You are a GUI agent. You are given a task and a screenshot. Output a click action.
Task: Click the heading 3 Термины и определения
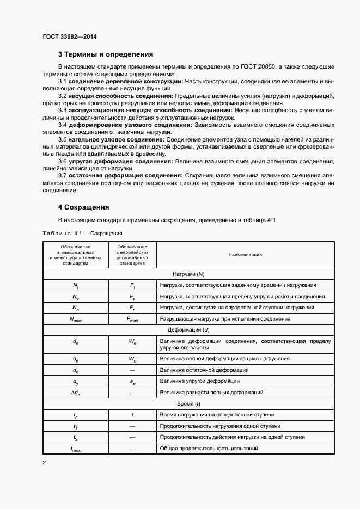(105, 54)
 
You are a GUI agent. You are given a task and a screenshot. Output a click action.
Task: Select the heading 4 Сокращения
(83, 207)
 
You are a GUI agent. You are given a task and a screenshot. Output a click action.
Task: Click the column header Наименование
(245, 255)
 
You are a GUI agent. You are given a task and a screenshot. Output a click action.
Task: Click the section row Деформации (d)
(188, 330)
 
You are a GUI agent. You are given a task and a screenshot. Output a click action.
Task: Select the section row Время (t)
(188, 404)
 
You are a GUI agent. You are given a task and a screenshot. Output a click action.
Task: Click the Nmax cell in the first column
(76, 319)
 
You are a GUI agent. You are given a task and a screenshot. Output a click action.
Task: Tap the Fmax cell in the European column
(133, 319)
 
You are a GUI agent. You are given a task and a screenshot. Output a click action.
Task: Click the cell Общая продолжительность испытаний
(209, 449)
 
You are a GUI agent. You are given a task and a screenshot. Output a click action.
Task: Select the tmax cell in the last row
(76, 449)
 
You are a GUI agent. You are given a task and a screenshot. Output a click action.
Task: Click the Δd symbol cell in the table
(76, 392)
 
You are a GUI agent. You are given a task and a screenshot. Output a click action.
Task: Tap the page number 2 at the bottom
(44, 463)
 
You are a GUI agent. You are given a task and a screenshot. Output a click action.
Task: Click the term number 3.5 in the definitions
(63, 139)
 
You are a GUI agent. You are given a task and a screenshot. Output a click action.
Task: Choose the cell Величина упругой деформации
(199, 381)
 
